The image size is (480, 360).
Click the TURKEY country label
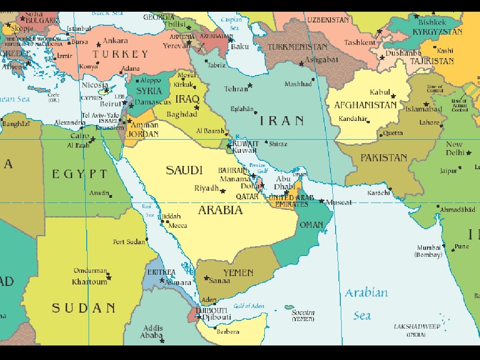coord(120,54)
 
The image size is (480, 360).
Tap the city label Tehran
coord(236,89)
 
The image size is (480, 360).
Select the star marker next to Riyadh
coord(223,191)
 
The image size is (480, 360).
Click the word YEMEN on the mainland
coord(238,273)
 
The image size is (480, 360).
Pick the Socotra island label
coord(303,313)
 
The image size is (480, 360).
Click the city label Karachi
coord(378,193)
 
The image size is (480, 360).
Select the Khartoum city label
coord(90,282)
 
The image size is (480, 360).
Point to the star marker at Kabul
coord(393,96)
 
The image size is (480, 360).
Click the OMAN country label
coord(311,225)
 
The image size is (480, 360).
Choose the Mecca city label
coord(178,225)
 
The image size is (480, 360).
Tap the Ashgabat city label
coord(321,60)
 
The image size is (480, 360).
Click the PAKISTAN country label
coord(383,157)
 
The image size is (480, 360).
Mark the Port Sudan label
coord(129,242)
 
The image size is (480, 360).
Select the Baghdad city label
coord(181,114)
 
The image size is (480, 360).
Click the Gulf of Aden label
coord(249,306)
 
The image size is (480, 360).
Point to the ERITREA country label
coord(161,272)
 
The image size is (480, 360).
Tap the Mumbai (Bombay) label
coord(428,251)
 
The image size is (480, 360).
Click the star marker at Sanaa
coord(206,278)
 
